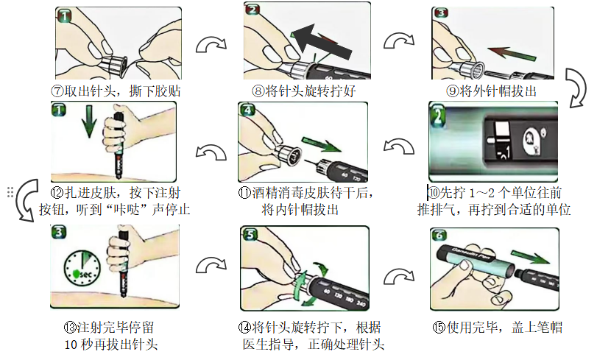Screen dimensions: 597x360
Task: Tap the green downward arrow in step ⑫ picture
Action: tap(89, 122)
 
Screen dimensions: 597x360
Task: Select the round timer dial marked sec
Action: tap(82, 268)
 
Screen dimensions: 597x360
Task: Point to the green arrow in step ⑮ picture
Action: tap(530, 257)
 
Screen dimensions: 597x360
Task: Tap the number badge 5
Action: tap(250, 234)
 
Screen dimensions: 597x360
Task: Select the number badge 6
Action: tap(439, 236)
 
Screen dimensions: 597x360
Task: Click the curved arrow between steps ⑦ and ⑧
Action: tap(211, 45)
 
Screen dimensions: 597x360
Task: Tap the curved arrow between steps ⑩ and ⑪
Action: tap(399, 147)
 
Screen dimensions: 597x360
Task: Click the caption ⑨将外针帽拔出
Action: tap(491, 91)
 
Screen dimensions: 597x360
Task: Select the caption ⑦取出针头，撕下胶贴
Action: tap(116, 91)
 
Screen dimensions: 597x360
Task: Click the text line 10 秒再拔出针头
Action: tap(111, 345)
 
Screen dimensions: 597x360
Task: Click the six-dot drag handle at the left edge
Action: tap(10, 192)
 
